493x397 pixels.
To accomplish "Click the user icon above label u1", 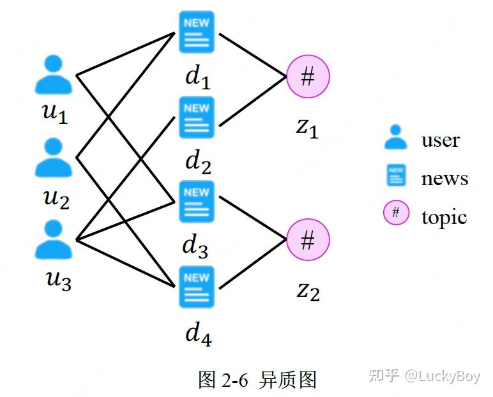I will (54, 75).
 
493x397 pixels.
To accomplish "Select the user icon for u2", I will (54, 158).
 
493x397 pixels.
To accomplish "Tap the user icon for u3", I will (54, 239).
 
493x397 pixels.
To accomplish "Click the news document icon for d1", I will (196, 32).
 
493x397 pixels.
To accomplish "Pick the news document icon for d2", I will (196, 117).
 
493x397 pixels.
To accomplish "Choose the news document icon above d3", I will (196, 201).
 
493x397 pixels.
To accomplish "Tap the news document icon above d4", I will (196, 287).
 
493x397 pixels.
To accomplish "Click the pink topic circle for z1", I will (308, 77).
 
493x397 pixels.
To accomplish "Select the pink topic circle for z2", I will (308, 241).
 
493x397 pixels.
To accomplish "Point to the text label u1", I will (55, 113).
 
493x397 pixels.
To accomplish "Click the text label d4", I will (198, 333).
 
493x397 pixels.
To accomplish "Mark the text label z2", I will (308, 290).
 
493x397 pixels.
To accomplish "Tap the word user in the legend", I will (440, 140).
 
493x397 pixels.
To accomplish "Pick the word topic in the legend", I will (444, 217).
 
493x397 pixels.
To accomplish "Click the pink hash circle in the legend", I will (396, 213).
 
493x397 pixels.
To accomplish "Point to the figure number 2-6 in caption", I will (234, 380).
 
